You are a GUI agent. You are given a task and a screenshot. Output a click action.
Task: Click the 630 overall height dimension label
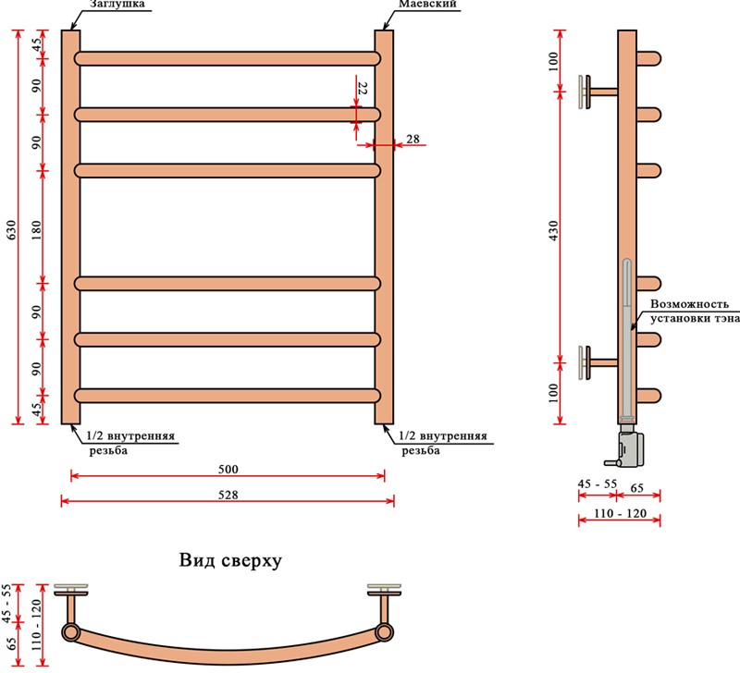(11, 229)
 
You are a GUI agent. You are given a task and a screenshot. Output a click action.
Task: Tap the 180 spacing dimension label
(36, 229)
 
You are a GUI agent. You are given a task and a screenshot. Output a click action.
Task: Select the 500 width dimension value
(228, 470)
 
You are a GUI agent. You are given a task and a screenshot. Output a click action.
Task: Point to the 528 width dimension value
(228, 495)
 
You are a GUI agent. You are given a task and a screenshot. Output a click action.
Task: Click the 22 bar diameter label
(363, 88)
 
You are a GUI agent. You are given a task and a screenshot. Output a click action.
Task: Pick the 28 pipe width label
(413, 139)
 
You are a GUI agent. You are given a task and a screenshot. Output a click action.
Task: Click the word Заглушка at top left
(117, 4)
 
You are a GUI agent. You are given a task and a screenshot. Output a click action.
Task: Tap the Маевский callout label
(427, 4)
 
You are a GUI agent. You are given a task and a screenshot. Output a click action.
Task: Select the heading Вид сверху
(230, 560)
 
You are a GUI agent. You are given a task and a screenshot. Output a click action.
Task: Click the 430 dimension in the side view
(553, 230)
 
